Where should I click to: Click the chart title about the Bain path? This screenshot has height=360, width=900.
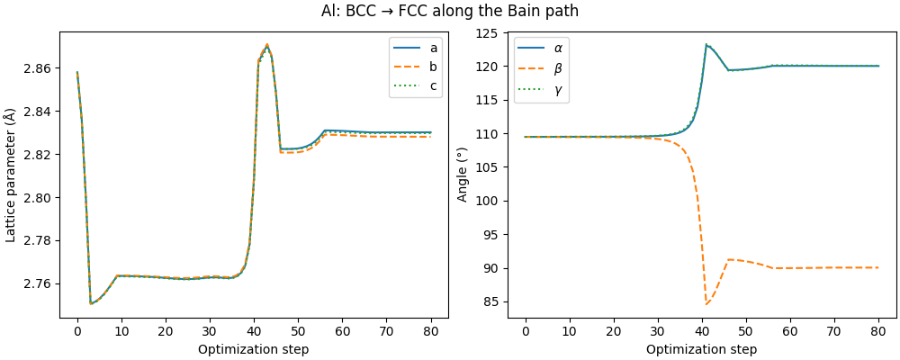tap(450, 11)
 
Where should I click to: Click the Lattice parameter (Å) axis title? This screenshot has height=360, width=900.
tap(11, 175)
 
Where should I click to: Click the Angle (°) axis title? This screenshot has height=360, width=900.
tap(463, 175)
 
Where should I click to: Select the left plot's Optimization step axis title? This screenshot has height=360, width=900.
tap(254, 349)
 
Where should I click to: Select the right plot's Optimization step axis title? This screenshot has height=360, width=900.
tap(702, 349)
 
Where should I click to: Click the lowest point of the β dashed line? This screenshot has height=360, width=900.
tap(706, 304)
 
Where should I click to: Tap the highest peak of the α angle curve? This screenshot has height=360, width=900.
tap(706, 44)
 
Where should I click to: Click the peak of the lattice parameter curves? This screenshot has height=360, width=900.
tap(266, 44)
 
